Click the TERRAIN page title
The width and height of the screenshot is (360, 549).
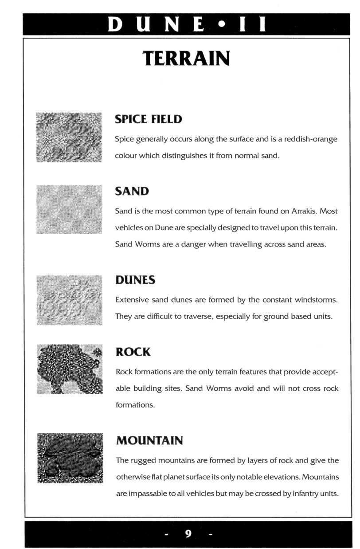click(186, 59)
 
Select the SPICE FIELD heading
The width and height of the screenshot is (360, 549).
click(148, 119)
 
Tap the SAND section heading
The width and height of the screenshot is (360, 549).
click(132, 191)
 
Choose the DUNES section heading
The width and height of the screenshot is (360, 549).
click(135, 280)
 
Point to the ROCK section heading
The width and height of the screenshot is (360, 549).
click(133, 352)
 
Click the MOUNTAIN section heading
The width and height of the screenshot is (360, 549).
click(149, 441)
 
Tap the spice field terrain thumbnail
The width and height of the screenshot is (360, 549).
click(69, 137)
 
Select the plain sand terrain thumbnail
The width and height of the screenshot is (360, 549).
click(69, 209)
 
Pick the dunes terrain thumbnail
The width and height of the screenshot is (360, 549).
click(69, 300)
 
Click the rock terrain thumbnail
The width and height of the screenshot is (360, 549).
click(70, 369)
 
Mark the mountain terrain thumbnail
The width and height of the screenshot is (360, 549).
click(70, 458)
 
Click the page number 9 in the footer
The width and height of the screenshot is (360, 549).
click(188, 533)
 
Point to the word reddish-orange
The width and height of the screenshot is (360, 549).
click(311, 139)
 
